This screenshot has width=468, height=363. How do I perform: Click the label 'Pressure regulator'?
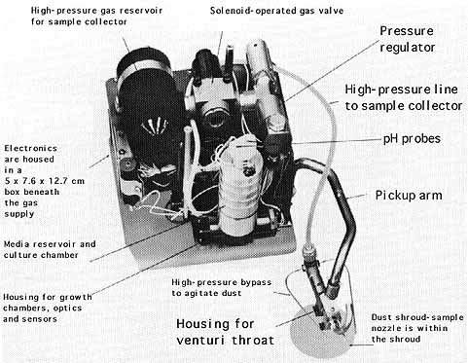(407, 39)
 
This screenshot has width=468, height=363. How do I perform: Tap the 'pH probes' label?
(412, 139)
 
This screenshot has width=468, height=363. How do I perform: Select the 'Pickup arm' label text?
(409, 196)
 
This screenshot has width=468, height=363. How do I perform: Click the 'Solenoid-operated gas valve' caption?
(276, 11)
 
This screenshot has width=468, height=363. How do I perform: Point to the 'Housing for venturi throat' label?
(225, 332)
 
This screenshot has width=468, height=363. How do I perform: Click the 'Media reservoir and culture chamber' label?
(50, 249)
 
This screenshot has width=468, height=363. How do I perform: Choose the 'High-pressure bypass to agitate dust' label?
(222, 288)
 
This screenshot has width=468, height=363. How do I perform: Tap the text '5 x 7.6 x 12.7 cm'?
(45, 181)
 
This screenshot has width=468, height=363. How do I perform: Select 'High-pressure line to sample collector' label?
(404, 97)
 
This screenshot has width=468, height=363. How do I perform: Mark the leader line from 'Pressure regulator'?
(332, 71)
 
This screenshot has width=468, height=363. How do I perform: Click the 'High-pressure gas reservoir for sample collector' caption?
(96, 17)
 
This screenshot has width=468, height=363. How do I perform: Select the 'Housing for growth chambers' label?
(48, 308)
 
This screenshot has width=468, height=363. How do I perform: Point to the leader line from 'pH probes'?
(337, 141)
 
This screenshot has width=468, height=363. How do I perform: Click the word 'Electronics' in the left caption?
(31, 149)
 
